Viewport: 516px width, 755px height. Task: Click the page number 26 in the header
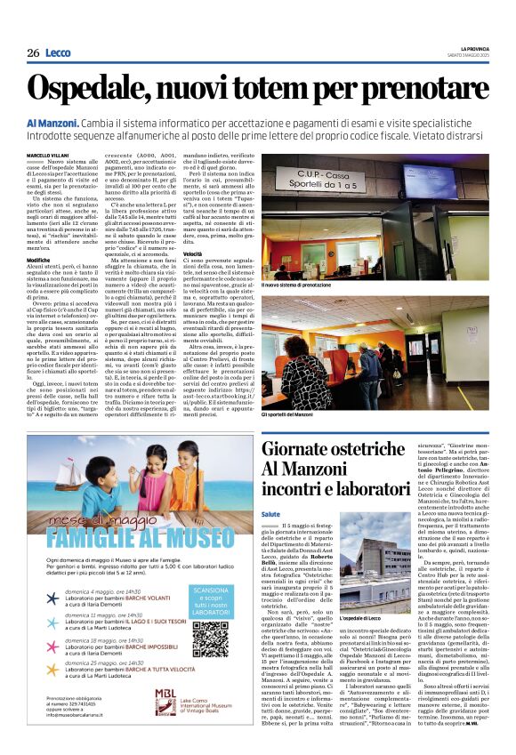click(33, 53)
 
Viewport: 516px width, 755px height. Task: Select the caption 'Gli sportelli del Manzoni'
click(290, 414)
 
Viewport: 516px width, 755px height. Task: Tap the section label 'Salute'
click(271, 513)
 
